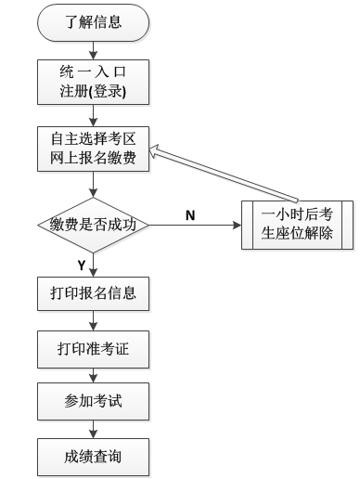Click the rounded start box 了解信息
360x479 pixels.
[93, 22]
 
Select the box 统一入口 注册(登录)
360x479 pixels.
[93, 83]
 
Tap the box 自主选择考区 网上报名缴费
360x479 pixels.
[93, 149]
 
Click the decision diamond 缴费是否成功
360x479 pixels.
[93, 225]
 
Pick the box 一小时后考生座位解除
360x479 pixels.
[297, 224]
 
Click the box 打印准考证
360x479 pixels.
[93, 350]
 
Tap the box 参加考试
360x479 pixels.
[93, 404]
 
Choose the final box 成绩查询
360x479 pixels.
[93, 457]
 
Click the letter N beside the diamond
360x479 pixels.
[190, 215]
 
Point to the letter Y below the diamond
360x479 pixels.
[81, 265]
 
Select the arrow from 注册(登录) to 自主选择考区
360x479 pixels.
[93, 115]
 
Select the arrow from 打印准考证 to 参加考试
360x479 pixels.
[93, 377]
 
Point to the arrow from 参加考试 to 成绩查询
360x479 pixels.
[93, 430]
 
